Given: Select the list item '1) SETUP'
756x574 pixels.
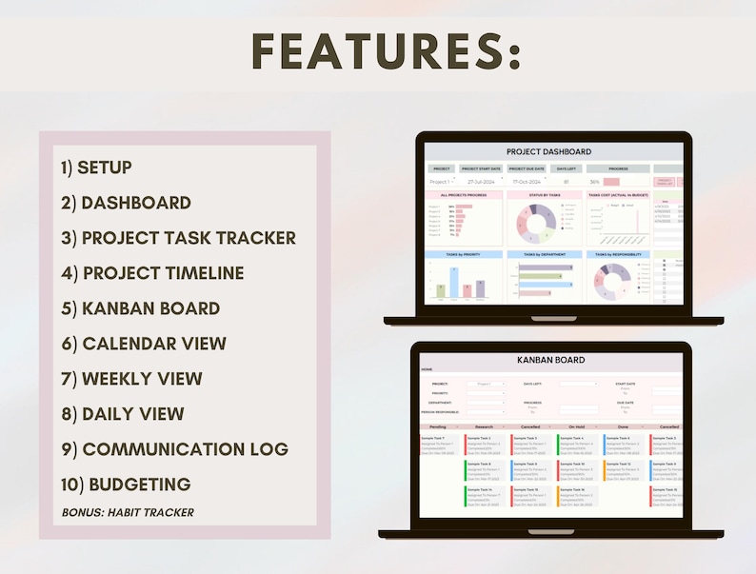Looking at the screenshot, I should [96, 168].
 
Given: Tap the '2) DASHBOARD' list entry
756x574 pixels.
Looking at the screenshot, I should [126, 203].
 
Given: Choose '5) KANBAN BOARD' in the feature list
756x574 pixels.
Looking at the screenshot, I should [140, 308].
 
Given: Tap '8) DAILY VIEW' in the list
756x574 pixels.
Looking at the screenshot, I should [123, 414].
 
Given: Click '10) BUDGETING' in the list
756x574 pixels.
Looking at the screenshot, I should [126, 485].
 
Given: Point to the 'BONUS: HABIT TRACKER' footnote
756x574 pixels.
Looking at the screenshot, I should [128, 512].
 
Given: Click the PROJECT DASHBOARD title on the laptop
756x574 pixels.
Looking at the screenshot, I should [548, 151].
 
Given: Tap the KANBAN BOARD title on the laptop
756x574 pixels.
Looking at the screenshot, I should [550, 360].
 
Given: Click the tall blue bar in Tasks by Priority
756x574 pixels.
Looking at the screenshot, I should [455, 282].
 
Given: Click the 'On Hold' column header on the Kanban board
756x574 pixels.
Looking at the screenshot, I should [577, 426].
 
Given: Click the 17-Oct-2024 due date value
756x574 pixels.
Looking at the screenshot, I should [527, 181].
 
